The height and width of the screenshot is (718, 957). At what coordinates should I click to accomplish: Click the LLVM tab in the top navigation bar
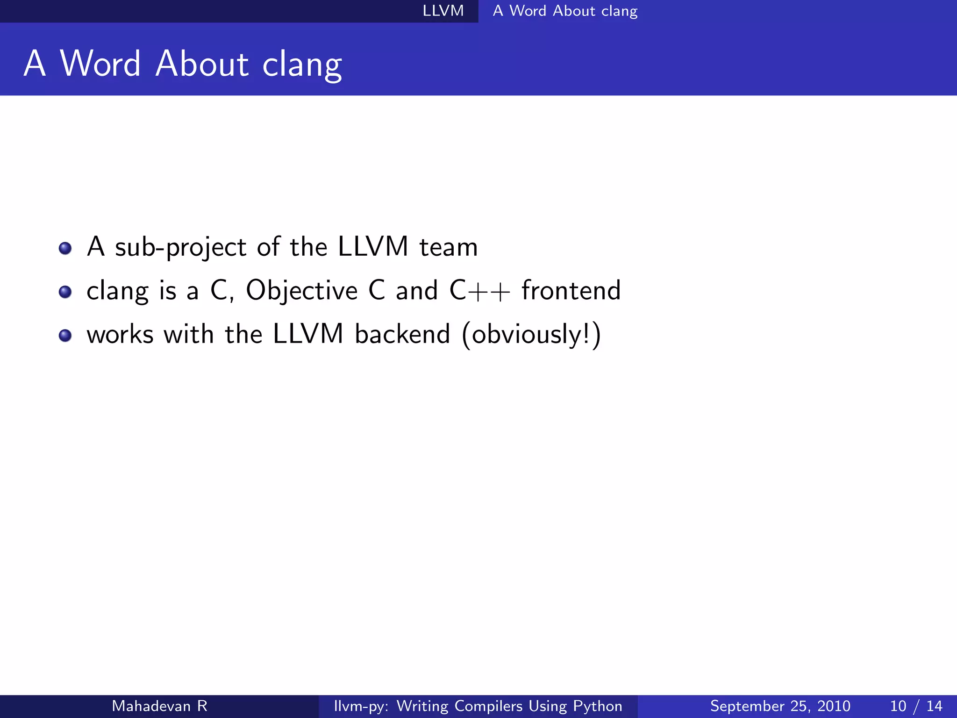(443, 11)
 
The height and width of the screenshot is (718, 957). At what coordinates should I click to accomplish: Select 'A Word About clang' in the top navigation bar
(565, 11)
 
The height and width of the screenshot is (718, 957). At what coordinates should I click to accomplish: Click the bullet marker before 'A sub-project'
(65, 248)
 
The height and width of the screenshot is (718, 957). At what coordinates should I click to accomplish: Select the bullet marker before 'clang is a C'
(65, 292)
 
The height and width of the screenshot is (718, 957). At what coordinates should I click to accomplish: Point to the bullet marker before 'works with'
(65, 335)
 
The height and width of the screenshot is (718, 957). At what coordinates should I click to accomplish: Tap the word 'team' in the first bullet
(448, 247)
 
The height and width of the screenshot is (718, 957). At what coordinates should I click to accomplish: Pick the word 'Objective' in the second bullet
(301, 291)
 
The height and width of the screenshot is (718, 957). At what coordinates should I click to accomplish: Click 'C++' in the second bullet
(479, 291)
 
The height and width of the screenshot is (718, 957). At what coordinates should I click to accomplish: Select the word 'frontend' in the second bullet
(571, 291)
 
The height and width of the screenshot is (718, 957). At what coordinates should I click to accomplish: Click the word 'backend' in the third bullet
(402, 334)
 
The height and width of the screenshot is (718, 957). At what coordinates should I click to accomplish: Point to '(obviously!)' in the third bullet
(531, 335)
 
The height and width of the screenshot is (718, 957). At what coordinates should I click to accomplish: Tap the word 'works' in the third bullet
(120, 335)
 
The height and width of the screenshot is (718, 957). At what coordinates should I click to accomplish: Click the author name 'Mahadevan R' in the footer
(159, 706)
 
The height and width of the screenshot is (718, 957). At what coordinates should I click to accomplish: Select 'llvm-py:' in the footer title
(361, 706)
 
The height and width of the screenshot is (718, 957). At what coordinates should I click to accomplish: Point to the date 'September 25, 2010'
(780, 706)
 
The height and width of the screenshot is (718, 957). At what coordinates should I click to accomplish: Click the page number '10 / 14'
(916, 706)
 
